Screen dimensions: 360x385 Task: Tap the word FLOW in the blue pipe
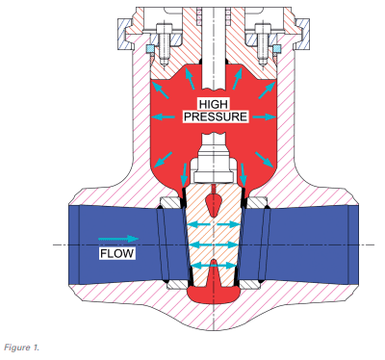pyautogui.click(x=115, y=254)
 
